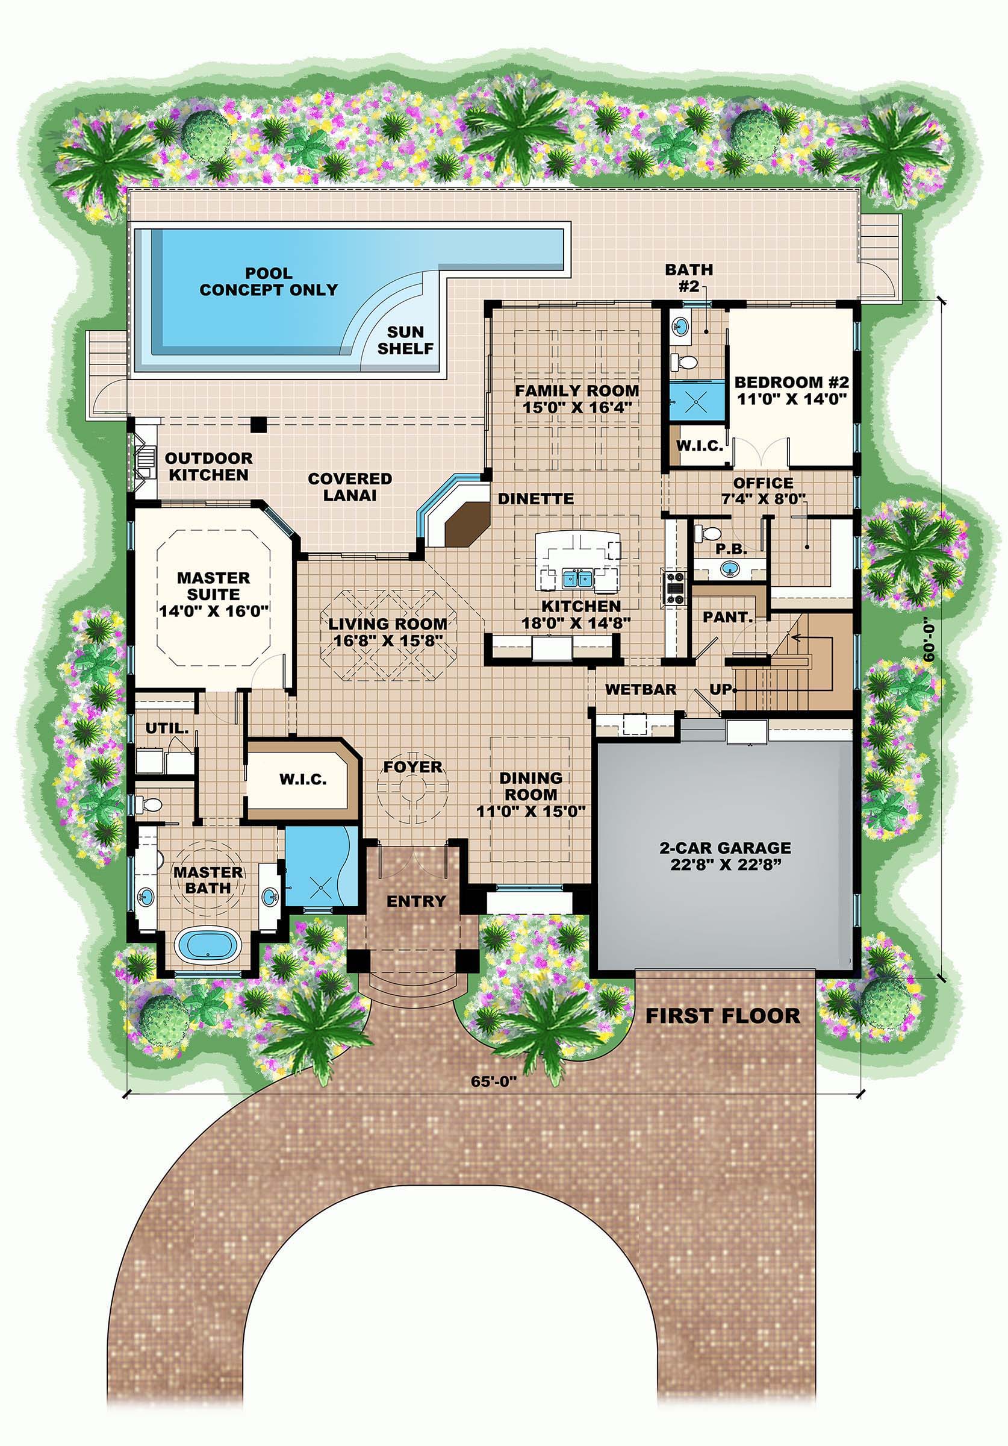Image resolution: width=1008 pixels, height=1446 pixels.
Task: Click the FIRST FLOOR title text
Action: (x=723, y=1016)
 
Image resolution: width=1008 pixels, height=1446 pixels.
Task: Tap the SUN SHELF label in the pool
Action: (x=405, y=340)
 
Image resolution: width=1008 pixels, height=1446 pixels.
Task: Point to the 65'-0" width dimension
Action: (x=494, y=1081)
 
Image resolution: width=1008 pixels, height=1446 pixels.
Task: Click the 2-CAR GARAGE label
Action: (x=726, y=856)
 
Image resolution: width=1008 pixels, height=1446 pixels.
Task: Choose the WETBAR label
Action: (x=640, y=690)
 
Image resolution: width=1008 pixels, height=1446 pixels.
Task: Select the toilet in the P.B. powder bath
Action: (x=704, y=534)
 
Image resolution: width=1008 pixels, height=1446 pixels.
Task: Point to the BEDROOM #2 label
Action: (x=791, y=390)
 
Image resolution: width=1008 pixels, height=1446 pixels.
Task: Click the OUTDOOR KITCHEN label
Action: (x=208, y=467)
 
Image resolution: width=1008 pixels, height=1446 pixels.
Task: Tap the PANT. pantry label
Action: (x=728, y=617)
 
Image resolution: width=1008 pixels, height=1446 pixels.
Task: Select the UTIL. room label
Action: (x=167, y=728)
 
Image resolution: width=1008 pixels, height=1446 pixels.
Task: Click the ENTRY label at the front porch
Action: (x=415, y=901)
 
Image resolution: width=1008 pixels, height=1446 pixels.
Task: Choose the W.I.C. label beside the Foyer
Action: (x=303, y=780)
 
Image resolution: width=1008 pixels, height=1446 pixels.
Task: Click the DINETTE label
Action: (x=536, y=499)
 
